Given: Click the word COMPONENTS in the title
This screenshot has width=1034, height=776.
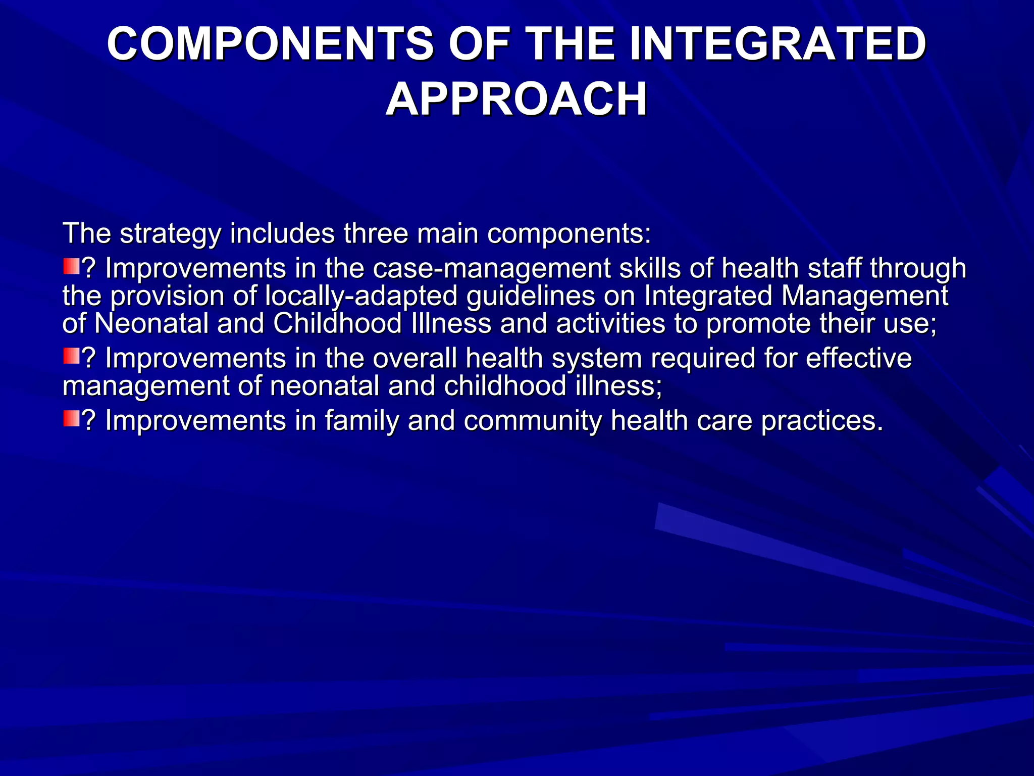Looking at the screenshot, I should tap(270, 44).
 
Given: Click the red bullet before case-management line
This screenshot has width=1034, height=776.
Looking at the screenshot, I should tap(71, 266).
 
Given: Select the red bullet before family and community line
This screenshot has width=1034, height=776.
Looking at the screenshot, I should tap(71, 418).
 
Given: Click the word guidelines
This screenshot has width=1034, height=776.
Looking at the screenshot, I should tap(531, 296).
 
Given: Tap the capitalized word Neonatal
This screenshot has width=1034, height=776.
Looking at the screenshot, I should tap(151, 323).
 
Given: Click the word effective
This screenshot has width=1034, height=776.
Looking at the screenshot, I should tap(859, 359).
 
